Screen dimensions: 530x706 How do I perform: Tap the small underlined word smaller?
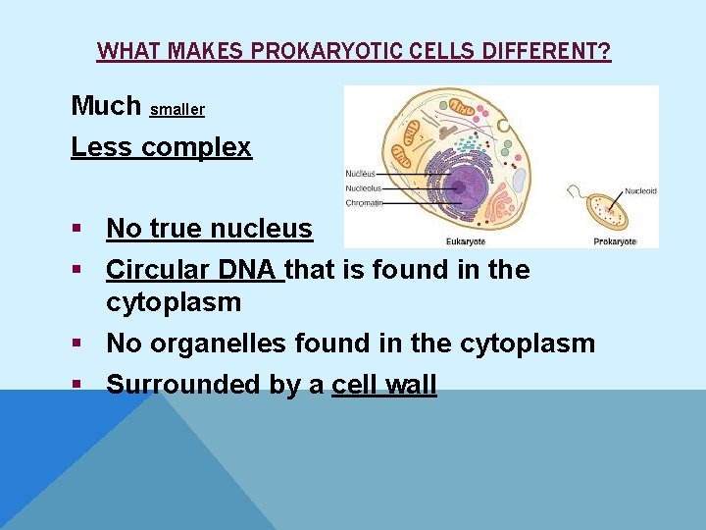pyautogui.click(x=177, y=110)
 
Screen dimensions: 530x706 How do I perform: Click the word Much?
pyautogui.click(x=106, y=105)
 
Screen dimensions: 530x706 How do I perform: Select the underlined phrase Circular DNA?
pyautogui.click(x=194, y=269)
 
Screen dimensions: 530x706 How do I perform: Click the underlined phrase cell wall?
pyautogui.click(x=384, y=384)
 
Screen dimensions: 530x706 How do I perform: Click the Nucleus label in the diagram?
pyautogui.click(x=361, y=174)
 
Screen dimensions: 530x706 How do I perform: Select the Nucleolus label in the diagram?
pyautogui.click(x=364, y=188)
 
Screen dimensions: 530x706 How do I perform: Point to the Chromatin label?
pyautogui.click(x=364, y=203)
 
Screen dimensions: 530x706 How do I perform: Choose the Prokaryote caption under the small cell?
pyautogui.click(x=615, y=240)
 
